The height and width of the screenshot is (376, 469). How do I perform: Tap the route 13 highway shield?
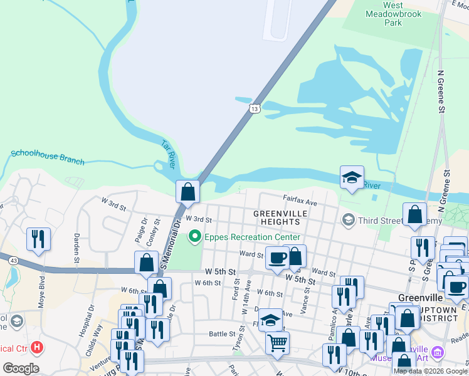254,109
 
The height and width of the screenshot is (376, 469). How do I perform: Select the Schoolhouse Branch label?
48,157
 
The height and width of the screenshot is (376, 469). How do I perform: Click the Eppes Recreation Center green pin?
194,237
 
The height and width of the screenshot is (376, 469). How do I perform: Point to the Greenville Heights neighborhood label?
280,217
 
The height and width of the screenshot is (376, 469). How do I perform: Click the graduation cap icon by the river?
352,177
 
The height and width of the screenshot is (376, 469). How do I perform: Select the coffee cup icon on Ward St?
277,257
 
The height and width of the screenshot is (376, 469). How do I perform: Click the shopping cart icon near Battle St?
277,343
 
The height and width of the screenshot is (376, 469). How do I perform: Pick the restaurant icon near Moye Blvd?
38,239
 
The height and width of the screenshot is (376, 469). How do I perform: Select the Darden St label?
76,247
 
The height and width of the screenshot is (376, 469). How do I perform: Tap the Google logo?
21,368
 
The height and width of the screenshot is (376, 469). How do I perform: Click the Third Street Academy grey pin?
347,220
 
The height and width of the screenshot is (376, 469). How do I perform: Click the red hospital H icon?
38,347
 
